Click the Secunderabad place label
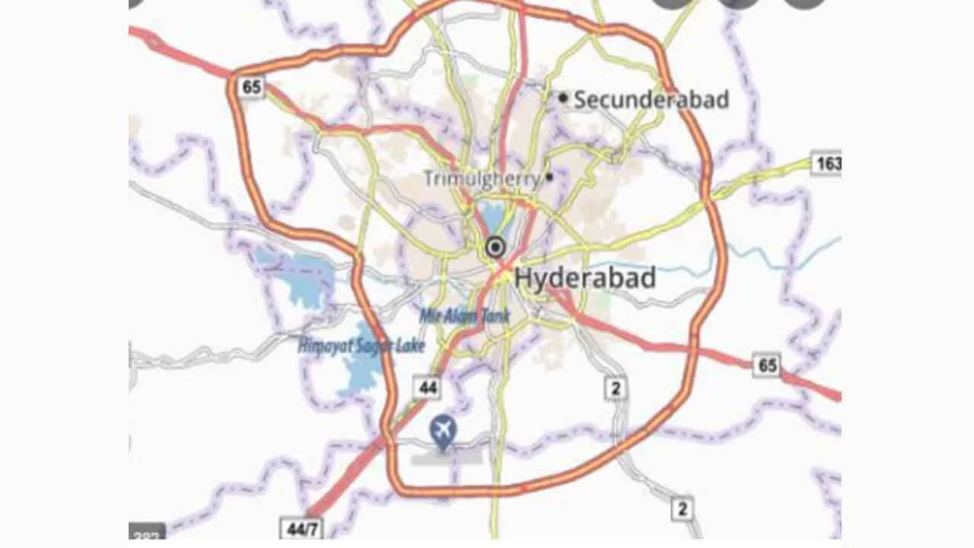point(651,100)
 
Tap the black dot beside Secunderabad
point(563,97)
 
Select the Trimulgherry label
point(482,179)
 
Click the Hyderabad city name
point(584,278)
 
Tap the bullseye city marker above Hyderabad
point(495,247)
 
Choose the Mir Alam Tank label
point(464,315)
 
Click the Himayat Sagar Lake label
point(361,347)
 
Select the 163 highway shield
point(826,163)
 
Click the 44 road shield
point(428,387)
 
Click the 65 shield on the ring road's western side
point(250,87)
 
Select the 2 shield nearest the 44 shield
point(615,388)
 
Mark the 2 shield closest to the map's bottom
point(683,508)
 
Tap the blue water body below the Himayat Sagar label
point(358,373)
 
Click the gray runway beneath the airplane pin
point(447,456)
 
